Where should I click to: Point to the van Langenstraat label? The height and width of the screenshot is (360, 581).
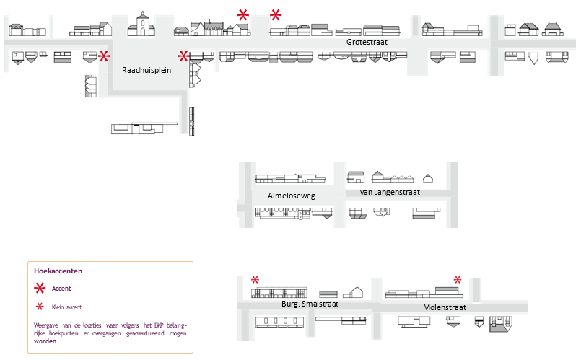click(x=389, y=192)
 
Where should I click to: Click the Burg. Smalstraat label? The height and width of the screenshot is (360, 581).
click(x=310, y=304)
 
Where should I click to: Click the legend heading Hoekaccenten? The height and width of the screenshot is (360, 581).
click(x=58, y=271)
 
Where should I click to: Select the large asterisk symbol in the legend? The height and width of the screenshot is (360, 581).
click(x=40, y=289)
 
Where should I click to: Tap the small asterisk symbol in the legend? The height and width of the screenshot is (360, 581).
click(x=40, y=307)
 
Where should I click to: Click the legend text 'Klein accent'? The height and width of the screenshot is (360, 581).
click(x=66, y=307)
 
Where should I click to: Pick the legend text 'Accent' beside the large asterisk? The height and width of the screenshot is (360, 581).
click(x=61, y=289)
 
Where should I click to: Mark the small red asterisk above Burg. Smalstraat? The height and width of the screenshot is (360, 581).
click(x=255, y=280)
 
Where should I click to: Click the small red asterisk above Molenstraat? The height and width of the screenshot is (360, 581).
click(x=457, y=279)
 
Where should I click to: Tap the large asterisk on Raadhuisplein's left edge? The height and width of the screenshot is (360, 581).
click(x=104, y=56)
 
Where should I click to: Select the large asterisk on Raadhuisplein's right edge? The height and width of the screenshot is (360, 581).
click(x=184, y=56)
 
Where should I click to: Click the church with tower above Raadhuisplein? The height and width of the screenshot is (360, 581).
click(x=143, y=25)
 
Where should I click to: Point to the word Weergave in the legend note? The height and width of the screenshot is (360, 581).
click(x=47, y=325)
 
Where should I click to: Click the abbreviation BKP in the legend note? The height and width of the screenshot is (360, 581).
click(x=144, y=325)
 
